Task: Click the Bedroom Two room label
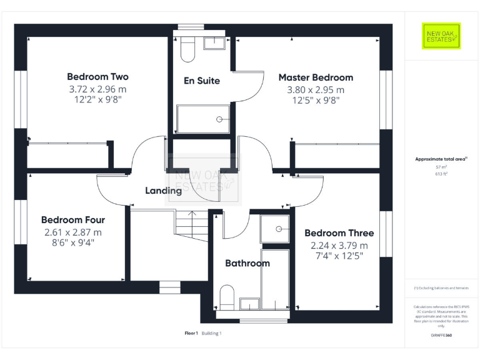(97, 77)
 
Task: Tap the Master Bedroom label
(316, 77)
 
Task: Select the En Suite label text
(201, 81)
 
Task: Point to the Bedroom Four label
(73, 220)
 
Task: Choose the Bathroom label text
(247, 263)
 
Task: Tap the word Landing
(163, 191)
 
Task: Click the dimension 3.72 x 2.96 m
(97, 89)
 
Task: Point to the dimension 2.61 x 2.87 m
(73, 232)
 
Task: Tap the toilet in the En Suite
(188, 50)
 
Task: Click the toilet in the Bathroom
(227, 297)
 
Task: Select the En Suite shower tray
(204, 119)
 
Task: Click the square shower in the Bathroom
(274, 229)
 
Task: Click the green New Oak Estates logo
(441, 36)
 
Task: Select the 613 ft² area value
(441, 174)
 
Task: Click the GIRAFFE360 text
(441, 336)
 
